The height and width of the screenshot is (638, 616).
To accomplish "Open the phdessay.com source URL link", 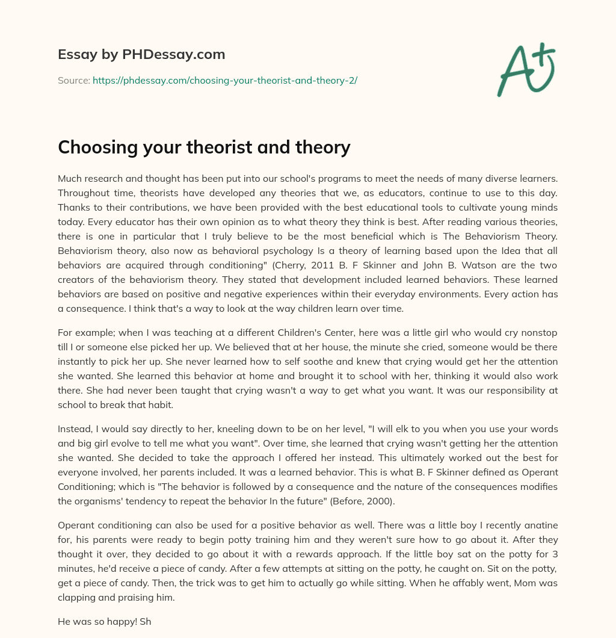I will pyautogui.click(x=224, y=80).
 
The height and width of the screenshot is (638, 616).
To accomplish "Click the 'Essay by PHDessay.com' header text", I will pyautogui.click(x=141, y=55).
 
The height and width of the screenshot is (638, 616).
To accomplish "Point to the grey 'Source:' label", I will pyautogui.click(x=73, y=80).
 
